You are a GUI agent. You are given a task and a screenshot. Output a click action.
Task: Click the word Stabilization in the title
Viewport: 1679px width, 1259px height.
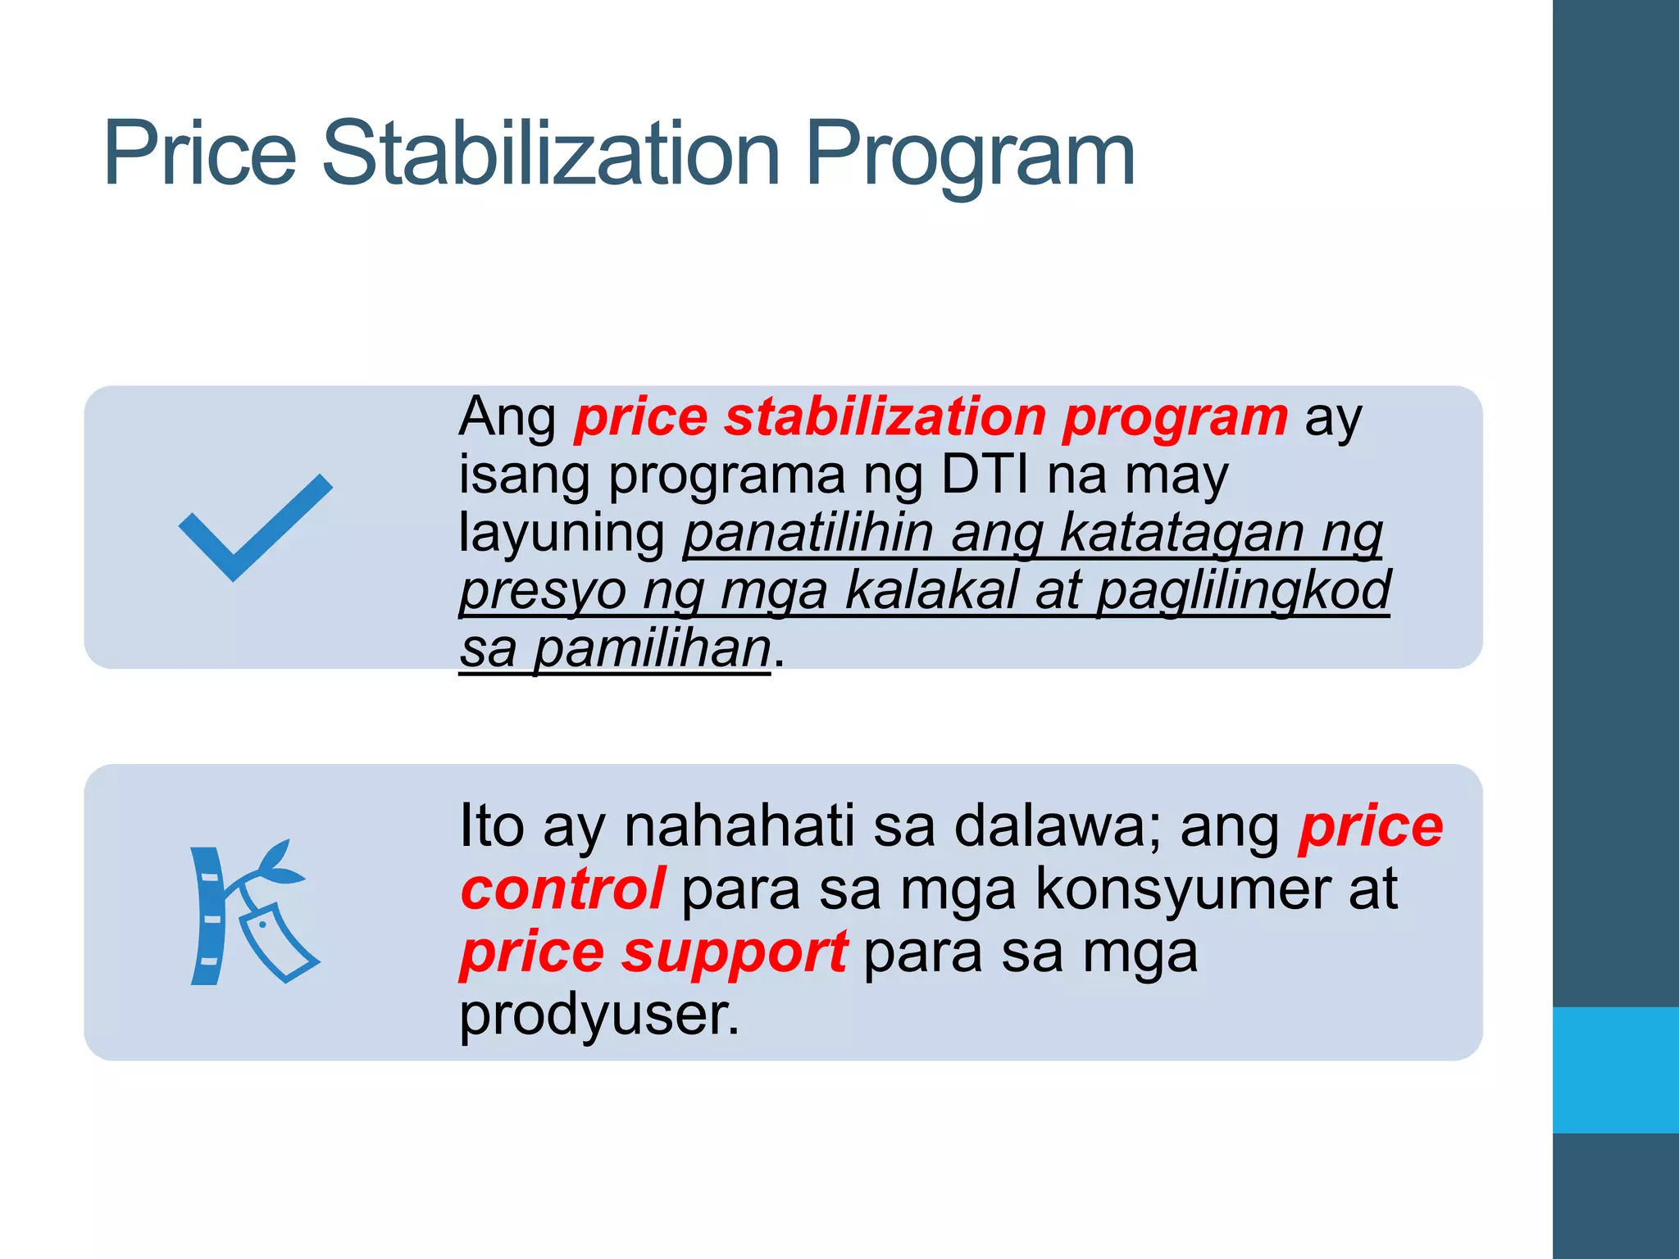pyautogui.click(x=550, y=153)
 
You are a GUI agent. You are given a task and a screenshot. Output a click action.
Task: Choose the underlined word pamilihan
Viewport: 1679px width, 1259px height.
pyautogui.click(x=652, y=649)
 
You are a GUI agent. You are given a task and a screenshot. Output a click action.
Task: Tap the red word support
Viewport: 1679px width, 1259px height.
pyautogui.click(x=735, y=952)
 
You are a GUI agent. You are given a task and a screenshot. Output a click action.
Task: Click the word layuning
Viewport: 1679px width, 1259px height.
pyautogui.click(x=562, y=534)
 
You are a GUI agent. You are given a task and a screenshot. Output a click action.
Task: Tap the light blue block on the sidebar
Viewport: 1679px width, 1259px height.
pyautogui.click(x=1615, y=1070)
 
